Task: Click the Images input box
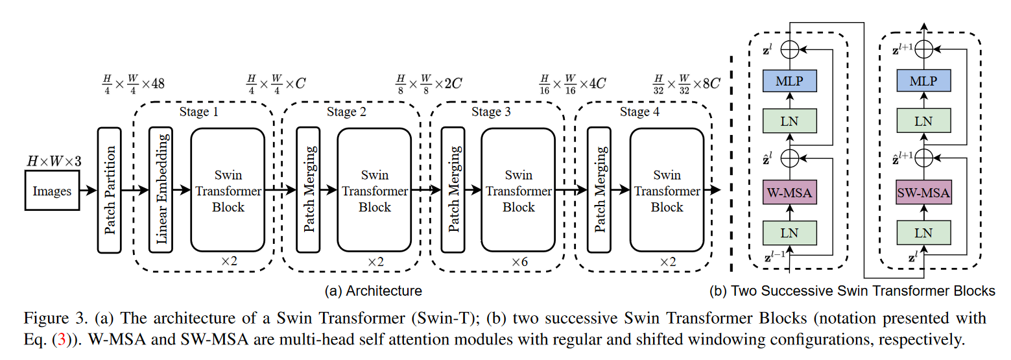point(53,191)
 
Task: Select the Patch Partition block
point(110,189)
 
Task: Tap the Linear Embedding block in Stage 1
point(161,189)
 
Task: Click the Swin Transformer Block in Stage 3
point(518,191)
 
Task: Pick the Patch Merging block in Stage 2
point(309,189)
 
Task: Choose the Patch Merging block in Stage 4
point(600,189)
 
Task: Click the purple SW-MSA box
point(923,193)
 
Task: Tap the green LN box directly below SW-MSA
point(923,232)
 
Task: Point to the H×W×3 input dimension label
point(53,160)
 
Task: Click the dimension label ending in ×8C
point(687,84)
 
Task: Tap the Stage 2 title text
point(346,112)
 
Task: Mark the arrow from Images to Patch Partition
point(88,191)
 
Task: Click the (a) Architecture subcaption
point(374,291)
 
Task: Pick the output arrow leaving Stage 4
point(713,191)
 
